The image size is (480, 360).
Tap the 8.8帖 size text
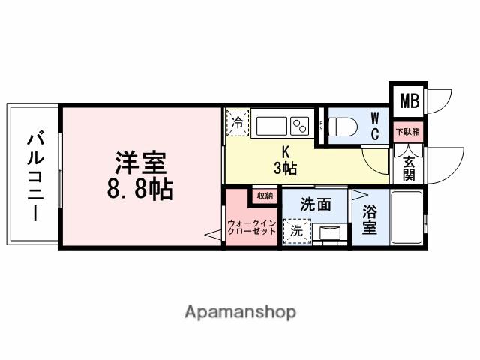[140, 188]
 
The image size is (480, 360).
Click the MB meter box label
[409, 100]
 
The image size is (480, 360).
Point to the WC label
[375, 126]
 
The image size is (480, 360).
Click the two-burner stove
[301, 125]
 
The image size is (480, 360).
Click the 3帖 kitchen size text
[285, 169]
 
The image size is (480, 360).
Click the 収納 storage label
[265, 196]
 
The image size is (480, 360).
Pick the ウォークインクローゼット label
[252, 227]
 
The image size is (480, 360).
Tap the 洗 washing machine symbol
[296, 231]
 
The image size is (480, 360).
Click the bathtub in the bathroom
[406, 217]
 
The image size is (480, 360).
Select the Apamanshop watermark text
[240, 311]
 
